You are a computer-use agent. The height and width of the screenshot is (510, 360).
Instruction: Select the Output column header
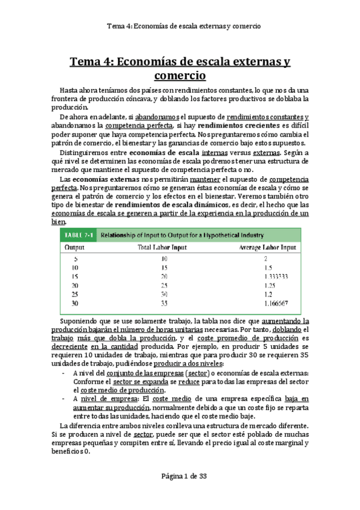point(75,247)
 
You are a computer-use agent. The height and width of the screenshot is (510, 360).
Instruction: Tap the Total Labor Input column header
point(159,247)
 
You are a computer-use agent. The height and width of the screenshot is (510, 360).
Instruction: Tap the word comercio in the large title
point(180,76)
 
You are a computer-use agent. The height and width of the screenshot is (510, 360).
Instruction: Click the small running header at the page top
point(180,25)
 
